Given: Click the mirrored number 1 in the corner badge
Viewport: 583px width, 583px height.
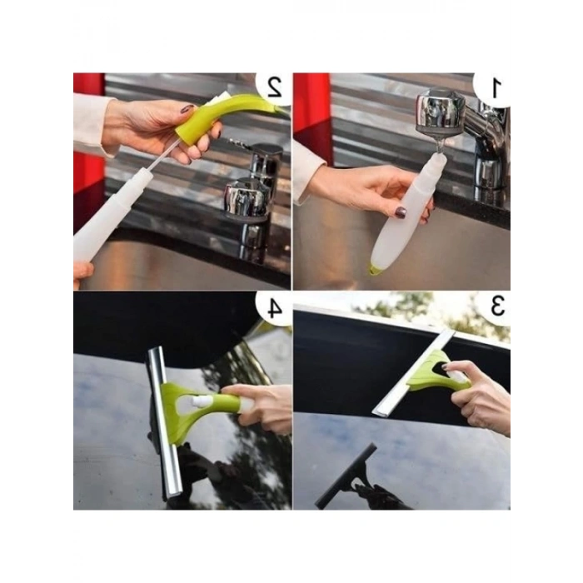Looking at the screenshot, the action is coord(496,89).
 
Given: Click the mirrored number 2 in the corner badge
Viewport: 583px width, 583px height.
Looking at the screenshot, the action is coord(275,87).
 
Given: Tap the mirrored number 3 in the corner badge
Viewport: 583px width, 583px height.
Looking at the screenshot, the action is coord(497,306).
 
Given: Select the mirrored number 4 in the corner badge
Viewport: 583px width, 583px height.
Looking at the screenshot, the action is coord(274,309).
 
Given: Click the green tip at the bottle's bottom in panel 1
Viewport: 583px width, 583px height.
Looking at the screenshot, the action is coord(374,270).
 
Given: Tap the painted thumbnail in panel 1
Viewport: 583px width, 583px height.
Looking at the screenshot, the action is coord(401,212).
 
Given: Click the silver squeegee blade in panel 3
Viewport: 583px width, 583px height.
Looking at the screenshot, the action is coord(413,373).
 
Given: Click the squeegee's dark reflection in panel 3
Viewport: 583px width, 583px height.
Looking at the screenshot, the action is coord(347,476).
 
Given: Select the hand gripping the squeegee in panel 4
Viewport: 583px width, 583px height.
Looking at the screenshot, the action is coord(260,407).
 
